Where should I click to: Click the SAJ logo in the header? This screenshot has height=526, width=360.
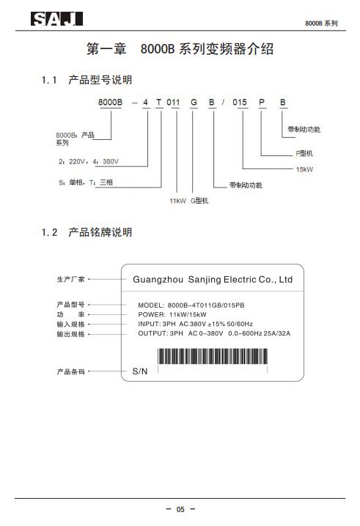[56, 19]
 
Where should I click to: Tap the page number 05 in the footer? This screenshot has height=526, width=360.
[180, 509]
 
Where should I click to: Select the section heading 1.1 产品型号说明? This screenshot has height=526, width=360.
[87, 80]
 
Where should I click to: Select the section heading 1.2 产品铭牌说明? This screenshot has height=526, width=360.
[87, 232]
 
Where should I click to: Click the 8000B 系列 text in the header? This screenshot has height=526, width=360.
[321, 23]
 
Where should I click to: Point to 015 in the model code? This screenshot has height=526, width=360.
[240, 102]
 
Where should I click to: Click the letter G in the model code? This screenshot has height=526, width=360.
[194, 102]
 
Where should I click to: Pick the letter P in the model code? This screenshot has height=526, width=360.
[262, 102]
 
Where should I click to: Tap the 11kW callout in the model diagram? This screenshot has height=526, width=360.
[177, 201]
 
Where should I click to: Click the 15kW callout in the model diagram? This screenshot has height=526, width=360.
[304, 169]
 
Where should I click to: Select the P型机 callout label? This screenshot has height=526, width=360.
[304, 153]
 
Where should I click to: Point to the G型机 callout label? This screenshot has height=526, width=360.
[199, 201]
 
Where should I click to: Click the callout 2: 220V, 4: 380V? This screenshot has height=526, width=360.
[89, 162]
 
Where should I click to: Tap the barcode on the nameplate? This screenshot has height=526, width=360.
[213, 356]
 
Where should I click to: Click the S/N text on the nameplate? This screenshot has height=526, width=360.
[140, 371]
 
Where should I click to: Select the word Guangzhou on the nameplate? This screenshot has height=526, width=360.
[158, 280]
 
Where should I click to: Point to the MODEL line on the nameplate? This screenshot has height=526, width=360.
[191, 305]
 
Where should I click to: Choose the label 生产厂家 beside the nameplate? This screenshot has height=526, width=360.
[70, 279]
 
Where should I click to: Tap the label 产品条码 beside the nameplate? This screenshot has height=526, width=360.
[70, 371]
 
